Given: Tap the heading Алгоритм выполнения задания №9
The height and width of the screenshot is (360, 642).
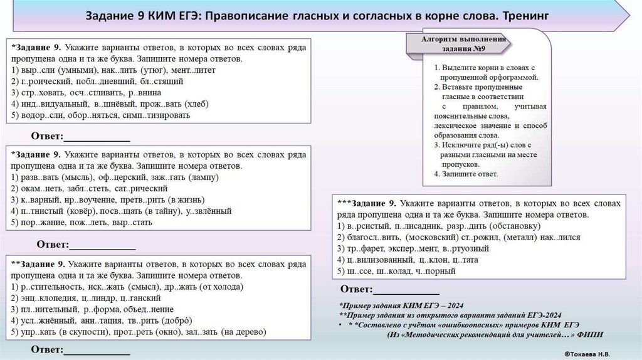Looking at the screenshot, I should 458,44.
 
